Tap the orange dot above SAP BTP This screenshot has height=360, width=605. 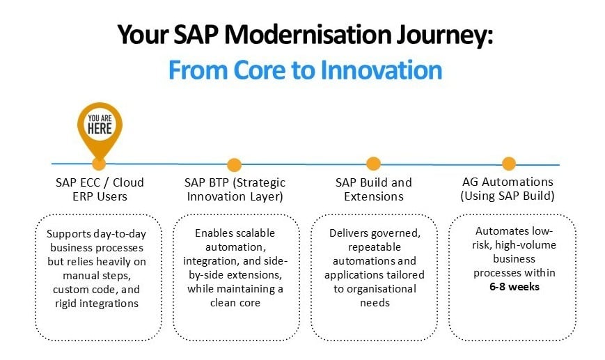click(234, 165)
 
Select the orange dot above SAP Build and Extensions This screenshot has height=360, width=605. click(374, 164)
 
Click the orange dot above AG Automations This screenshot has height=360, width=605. click(509, 164)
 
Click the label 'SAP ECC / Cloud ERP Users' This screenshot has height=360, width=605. click(100, 189)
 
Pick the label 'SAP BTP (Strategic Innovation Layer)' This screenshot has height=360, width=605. click(235, 189)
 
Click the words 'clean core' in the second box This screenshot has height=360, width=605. click(235, 303)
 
